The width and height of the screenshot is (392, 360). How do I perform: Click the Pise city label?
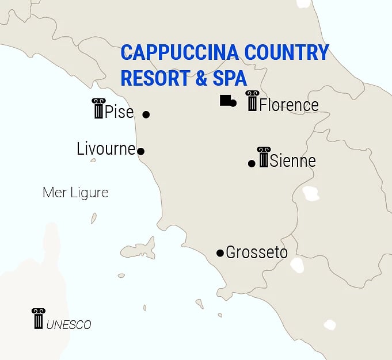click(119, 112)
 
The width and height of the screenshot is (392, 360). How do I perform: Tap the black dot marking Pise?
click(146, 114)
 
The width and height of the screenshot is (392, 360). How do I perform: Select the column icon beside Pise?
click(98, 108)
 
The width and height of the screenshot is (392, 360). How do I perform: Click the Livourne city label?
click(106, 149)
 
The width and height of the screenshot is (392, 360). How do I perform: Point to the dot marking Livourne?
click(141, 152)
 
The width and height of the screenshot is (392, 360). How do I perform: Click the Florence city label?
click(288, 105)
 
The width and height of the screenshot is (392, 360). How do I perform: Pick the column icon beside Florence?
click(252, 101)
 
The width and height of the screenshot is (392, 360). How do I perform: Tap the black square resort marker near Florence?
click(225, 101)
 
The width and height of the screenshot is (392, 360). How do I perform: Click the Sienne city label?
click(292, 161)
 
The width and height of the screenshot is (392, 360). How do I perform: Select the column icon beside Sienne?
click(264, 157)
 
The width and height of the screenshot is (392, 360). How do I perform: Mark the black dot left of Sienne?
click(252, 164)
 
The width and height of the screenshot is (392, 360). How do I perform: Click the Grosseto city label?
click(256, 252)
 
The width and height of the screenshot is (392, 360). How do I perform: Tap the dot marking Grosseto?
click(220, 253)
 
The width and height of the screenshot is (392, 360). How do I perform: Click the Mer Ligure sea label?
click(75, 193)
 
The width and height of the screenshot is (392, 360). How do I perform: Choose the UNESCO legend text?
click(68, 325)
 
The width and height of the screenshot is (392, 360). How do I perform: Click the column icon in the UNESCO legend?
click(38, 319)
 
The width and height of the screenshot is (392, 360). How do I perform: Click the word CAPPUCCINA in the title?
click(179, 53)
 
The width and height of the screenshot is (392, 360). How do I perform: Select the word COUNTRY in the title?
click(286, 53)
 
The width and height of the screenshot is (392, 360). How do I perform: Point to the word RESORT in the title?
click(155, 78)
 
